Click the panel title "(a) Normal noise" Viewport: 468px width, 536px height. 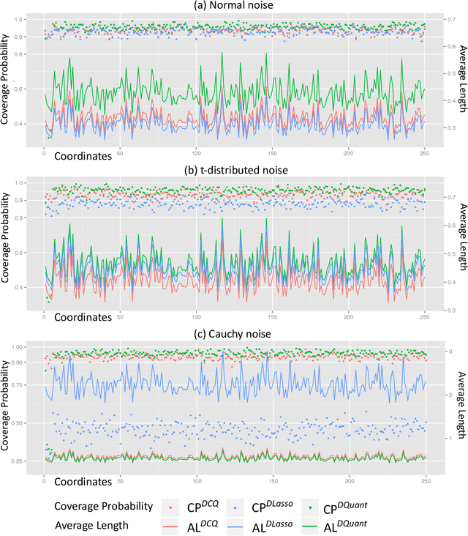(x=233, y=7)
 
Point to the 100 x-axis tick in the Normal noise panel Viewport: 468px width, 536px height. (x=196, y=154)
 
